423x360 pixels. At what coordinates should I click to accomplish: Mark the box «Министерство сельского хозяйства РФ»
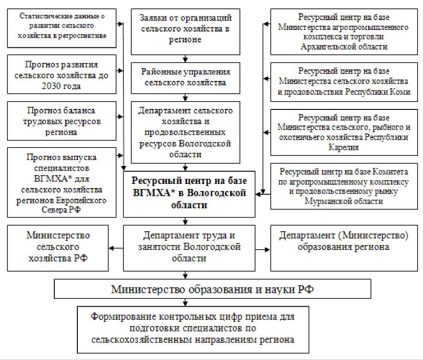58,247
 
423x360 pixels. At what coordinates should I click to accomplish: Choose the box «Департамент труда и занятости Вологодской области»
190,247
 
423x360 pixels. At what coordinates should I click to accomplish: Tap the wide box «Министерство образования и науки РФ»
213,290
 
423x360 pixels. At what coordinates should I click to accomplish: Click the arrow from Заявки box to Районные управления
185,59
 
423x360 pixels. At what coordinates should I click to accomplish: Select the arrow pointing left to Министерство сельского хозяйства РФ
113,249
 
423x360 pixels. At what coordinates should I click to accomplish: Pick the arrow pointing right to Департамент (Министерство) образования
266,249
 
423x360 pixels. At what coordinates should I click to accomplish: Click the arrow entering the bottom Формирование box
185,303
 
